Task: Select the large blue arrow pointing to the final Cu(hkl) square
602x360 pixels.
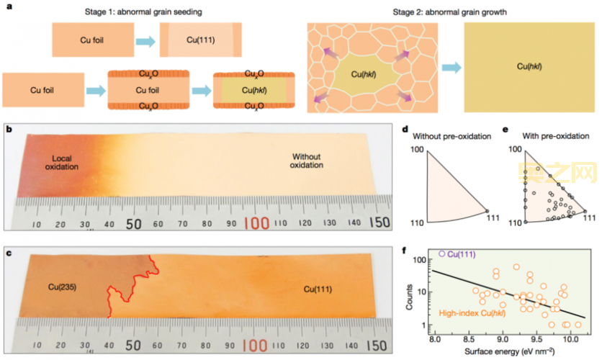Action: (451, 67)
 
